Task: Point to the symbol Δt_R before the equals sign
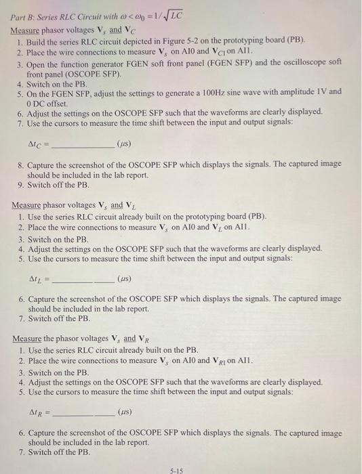(x=37, y=411)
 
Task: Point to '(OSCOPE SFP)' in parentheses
(x=54, y=72)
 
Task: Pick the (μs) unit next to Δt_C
(x=125, y=144)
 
